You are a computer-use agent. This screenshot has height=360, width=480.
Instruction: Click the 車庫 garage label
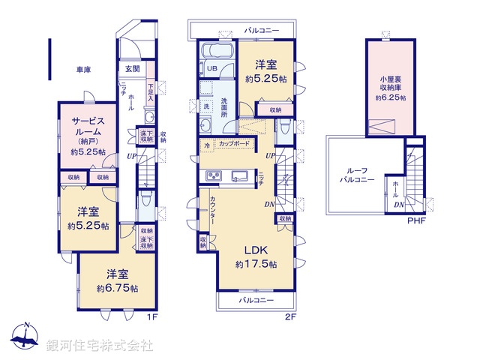(83, 70)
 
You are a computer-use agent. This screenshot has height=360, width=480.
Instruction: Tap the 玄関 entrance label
(132, 70)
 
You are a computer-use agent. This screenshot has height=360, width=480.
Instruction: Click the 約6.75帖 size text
(117, 288)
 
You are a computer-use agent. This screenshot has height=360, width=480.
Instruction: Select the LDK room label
(256, 250)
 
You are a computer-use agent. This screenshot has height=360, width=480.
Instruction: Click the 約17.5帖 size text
(256, 265)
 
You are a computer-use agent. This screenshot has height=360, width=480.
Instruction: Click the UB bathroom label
(212, 69)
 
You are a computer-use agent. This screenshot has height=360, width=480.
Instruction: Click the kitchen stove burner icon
(212, 176)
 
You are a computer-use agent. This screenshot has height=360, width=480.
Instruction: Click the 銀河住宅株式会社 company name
(100, 344)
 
